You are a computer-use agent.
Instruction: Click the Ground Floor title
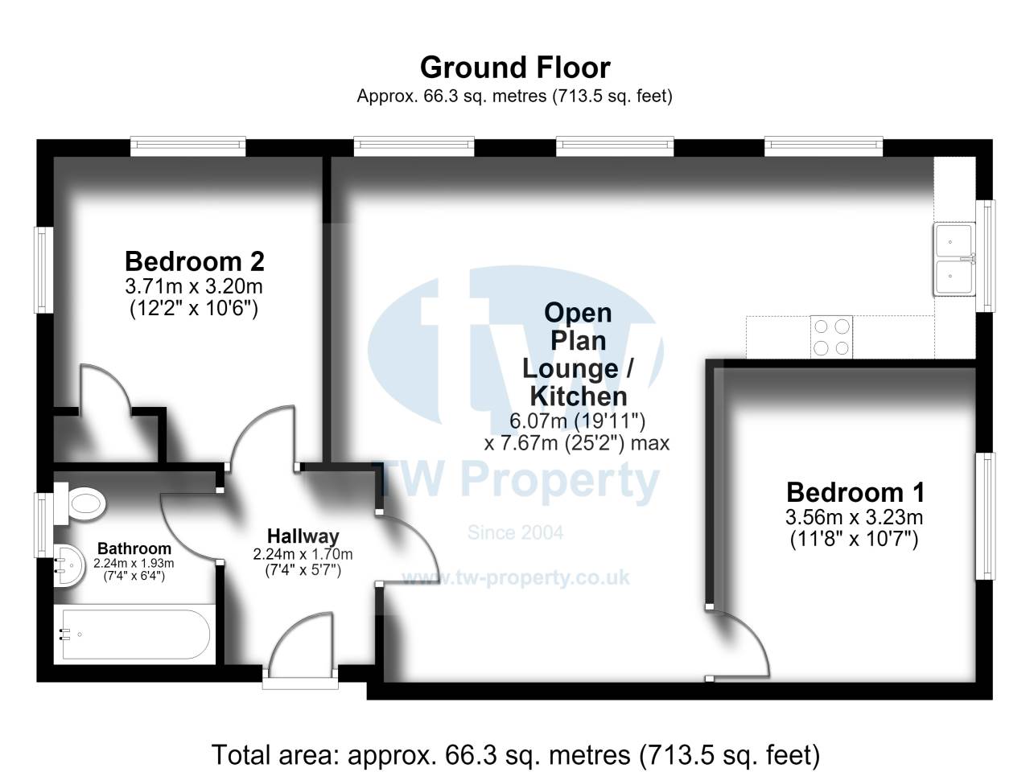[515, 68]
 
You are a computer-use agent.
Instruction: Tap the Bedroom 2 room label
[194, 261]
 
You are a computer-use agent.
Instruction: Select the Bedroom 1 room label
[855, 493]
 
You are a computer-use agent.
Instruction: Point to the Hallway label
[303, 536]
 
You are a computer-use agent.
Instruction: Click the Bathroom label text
[134, 548]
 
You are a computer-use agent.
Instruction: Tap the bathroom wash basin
[69, 566]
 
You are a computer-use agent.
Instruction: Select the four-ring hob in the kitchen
[831, 337]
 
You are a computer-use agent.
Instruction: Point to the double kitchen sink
[954, 259]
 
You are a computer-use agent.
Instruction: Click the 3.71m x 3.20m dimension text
[194, 286]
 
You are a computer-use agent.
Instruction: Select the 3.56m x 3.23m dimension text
[854, 517]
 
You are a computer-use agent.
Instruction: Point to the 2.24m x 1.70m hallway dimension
[303, 555]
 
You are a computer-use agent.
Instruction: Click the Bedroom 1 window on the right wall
[986, 516]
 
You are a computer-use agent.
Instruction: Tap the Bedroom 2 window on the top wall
[187, 146]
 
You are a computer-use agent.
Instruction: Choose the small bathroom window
[43, 524]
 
